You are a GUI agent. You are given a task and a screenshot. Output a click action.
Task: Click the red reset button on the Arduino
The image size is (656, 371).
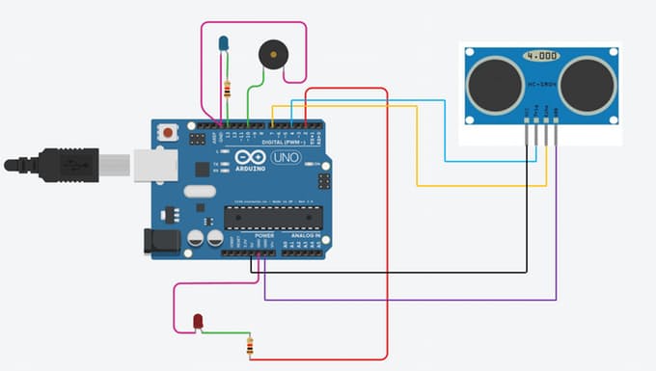point(171,131)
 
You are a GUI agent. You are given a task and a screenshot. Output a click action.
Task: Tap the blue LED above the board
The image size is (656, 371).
point(224,44)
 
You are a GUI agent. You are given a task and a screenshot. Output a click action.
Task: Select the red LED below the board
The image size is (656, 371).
point(199,320)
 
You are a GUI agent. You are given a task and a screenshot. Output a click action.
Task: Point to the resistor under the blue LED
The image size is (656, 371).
point(228,91)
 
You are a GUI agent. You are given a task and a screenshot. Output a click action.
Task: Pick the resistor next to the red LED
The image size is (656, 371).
point(251,345)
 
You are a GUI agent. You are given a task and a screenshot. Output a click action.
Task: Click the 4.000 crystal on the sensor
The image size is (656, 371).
point(541,57)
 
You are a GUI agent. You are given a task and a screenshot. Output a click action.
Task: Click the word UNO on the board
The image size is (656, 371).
point(287,158)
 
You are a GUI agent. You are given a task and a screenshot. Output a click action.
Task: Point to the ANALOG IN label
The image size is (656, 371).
point(306,234)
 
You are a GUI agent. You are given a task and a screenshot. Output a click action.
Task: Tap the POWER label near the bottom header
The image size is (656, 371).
point(264,234)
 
